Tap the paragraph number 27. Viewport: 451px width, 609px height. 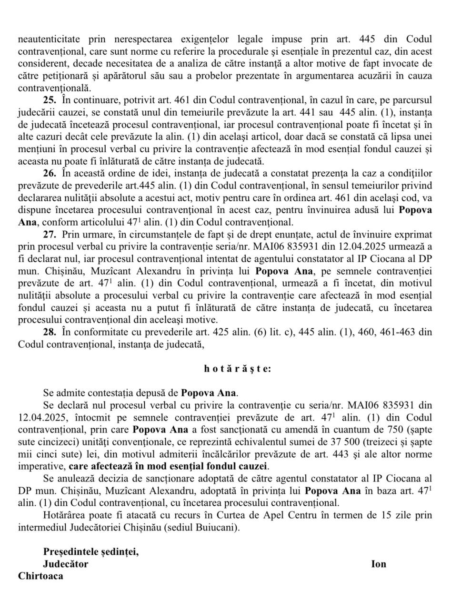50,235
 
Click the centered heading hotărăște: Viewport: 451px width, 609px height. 238,368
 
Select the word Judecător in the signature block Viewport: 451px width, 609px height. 66,564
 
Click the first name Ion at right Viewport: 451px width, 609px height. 379,564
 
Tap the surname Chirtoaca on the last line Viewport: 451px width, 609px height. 40,576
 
